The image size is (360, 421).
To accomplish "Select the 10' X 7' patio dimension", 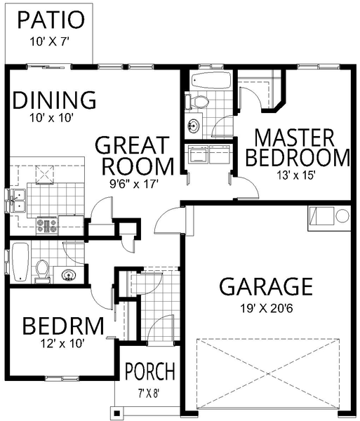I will (50, 41).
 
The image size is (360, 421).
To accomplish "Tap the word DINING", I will (54, 100).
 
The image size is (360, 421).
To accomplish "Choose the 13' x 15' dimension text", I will (296, 176).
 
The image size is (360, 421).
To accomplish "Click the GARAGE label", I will (265, 286).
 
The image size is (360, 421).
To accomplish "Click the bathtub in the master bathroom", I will (209, 80).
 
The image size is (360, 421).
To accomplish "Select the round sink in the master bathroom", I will (194, 127).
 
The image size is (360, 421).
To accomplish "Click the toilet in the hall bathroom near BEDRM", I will (42, 270).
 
